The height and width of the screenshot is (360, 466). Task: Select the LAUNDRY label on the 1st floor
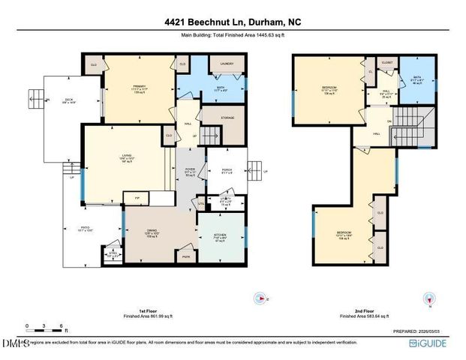(227, 64)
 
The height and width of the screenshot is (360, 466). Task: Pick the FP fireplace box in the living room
(137, 199)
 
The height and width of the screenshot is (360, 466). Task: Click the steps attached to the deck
(35, 97)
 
